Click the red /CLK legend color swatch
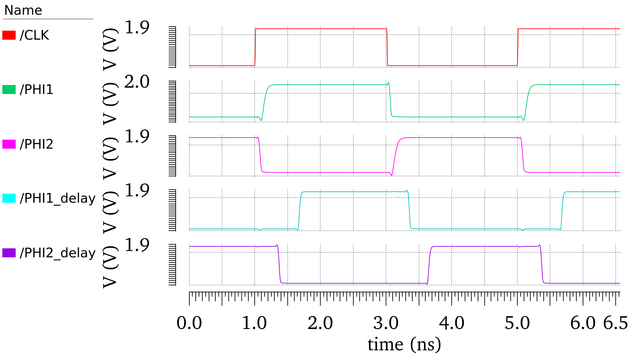tap(9, 35)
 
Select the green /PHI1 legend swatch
tap(9, 90)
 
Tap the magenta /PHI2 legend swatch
tap(9, 144)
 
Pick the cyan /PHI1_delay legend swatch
tap(9, 198)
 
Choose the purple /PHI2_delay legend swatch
tap(9, 253)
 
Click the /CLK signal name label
tap(34, 35)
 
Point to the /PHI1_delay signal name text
tap(58, 198)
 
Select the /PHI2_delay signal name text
tap(58, 253)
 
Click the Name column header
tap(23, 11)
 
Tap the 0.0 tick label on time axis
tap(189, 323)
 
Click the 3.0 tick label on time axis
tap(386, 323)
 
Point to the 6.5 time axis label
tap(615, 323)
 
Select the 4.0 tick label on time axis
tap(452, 323)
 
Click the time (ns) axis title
tap(404, 344)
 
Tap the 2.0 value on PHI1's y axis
tap(137, 82)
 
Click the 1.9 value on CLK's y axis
tap(137, 28)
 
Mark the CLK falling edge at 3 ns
tap(387, 47)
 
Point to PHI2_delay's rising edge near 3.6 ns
tap(429, 265)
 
